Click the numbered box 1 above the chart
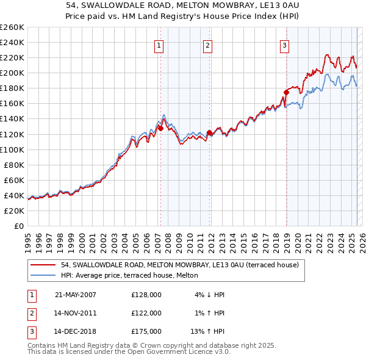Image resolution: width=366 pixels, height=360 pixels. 159,45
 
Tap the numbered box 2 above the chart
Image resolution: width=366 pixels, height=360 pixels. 207,45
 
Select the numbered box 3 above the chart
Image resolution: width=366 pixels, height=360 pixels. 285,45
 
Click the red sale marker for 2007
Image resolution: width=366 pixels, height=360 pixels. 160,128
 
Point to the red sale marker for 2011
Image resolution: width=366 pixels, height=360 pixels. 209,132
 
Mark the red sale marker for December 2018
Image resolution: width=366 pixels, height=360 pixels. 285,92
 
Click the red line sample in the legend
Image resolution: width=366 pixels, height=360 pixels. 43,265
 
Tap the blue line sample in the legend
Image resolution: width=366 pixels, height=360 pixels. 43,275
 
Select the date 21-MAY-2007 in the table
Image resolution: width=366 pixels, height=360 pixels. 76,294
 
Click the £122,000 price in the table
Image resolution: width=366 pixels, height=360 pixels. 146,313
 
